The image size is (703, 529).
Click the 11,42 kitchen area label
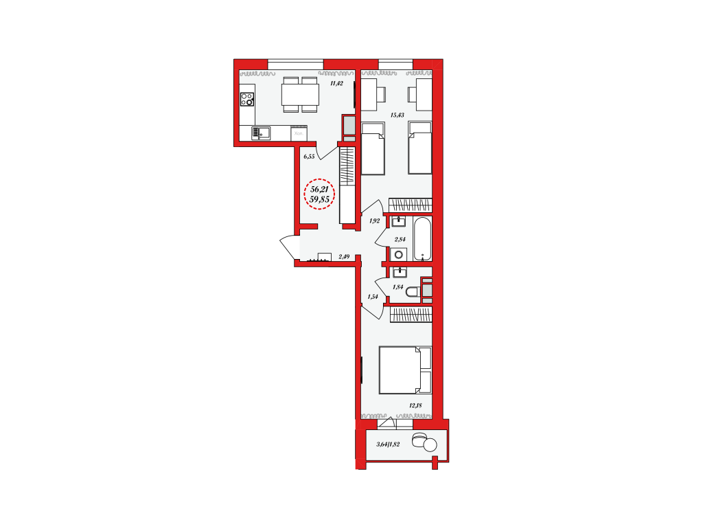pos(336,83)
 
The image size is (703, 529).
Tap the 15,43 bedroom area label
pos(397,115)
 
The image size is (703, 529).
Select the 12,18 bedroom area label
pos(415,405)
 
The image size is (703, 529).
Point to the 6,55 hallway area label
pos(309,157)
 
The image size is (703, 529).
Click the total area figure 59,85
pos(320,199)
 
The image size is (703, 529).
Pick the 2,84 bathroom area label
pos(400,240)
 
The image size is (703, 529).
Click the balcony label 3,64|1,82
pos(388,444)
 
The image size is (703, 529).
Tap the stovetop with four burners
pos(247,99)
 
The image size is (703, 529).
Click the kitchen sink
pos(261,133)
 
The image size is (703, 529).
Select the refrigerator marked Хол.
pos(299,133)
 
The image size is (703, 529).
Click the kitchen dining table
pos(300,95)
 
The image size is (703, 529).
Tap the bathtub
pos(422,238)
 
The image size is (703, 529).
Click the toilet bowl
pos(413,293)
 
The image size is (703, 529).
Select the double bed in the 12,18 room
pos(405,370)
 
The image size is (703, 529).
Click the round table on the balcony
pos(430,444)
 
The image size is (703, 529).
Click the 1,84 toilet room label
pos(397,287)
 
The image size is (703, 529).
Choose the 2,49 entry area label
pos(344,257)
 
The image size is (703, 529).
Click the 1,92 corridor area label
pos(374,221)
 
